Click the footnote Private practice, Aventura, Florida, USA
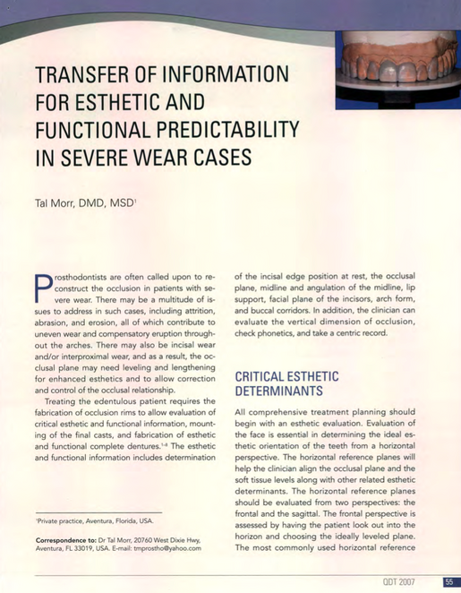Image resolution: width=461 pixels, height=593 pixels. click(x=95, y=520)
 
